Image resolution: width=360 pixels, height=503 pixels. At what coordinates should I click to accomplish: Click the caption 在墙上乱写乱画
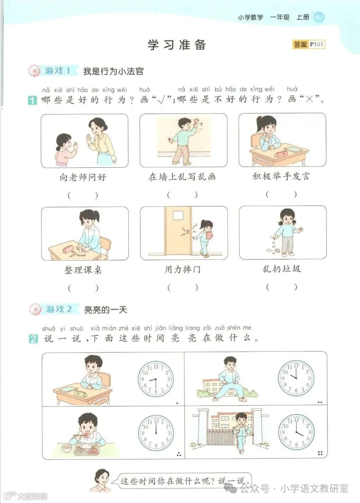click(x=182, y=177)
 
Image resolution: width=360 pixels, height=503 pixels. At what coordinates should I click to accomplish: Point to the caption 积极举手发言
click(x=281, y=176)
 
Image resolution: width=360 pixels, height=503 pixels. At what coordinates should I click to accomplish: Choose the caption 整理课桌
click(x=83, y=270)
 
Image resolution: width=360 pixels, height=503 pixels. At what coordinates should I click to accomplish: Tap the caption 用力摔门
click(x=182, y=269)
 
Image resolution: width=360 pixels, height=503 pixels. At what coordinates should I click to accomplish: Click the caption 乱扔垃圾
click(x=281, y=269)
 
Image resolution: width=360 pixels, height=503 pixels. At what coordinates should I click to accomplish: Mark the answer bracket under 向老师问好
click(x=83, y=196)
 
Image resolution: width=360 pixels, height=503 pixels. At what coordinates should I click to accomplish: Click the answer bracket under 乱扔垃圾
click(x=282, y=287)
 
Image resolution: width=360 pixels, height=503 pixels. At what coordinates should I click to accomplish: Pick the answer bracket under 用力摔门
click(x=182, y=287)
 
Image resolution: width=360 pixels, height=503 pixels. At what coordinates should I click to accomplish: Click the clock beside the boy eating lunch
click(x=156, y=432)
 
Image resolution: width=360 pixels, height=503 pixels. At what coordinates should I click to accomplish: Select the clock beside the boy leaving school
click(x=296, y=432)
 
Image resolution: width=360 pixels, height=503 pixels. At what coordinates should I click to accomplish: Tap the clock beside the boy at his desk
click(x=156, y=378)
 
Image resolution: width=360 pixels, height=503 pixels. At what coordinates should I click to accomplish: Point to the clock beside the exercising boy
click(x=296, y=378)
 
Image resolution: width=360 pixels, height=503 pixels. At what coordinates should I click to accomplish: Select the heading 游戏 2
click(x=58, y=309)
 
